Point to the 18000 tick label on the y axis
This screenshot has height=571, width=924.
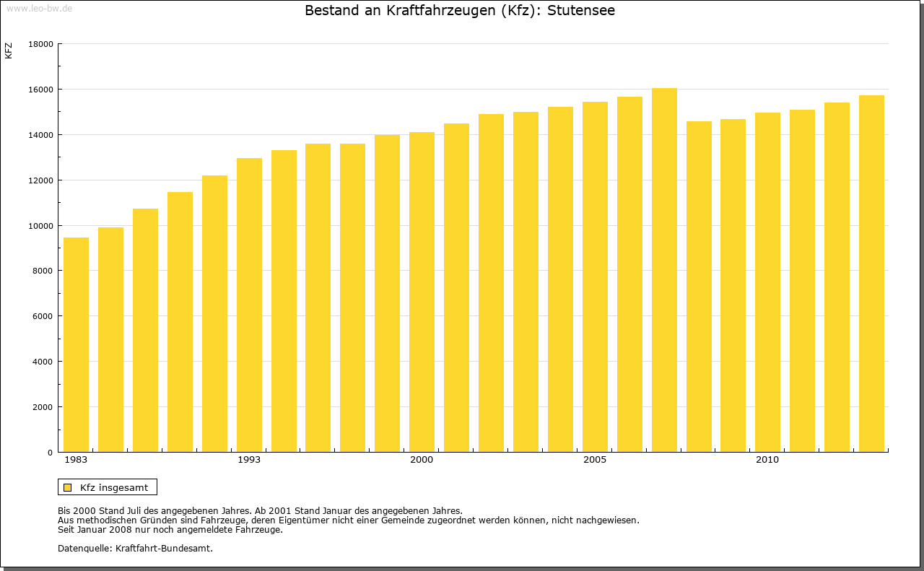40,44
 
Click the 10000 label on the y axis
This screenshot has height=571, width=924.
40,226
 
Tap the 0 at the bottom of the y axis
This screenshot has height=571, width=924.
51,453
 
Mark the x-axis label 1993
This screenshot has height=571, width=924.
249,460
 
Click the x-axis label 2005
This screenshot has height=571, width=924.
595,460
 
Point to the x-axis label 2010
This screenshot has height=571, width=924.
767,460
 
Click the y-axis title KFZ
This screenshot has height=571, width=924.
9,51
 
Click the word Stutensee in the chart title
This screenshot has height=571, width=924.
581,11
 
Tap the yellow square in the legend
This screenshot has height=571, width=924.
67,487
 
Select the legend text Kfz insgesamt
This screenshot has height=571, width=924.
114,487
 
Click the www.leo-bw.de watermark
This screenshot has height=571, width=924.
39,8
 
